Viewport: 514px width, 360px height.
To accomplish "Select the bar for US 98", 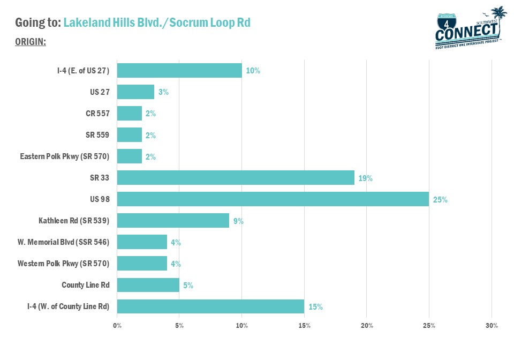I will coord(273,199).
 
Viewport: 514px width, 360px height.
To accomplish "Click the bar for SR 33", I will coord(236,177).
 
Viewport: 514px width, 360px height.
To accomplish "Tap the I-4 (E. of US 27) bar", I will coord(179,70).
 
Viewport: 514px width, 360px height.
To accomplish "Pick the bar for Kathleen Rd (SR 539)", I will coord(173,220).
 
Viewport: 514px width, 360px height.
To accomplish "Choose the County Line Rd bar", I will coord(148,284).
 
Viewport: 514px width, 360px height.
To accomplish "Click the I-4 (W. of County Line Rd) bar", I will coord(210,306).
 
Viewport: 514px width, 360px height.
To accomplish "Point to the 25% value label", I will coord(440,200).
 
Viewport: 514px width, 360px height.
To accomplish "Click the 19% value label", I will coord(366,178).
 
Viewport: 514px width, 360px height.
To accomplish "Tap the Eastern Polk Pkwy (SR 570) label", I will coord(65,156).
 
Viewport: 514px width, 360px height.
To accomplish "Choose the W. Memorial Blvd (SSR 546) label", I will coord(64,242).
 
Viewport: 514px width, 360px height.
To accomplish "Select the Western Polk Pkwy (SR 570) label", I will coord(64,264).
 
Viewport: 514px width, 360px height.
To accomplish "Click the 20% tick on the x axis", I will coord(367,325).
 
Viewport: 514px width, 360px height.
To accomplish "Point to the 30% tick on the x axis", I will coord(492,325).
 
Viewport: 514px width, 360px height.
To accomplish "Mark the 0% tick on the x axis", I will coord(117,325).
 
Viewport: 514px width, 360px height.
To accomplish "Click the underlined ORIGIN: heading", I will coord(31,41).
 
